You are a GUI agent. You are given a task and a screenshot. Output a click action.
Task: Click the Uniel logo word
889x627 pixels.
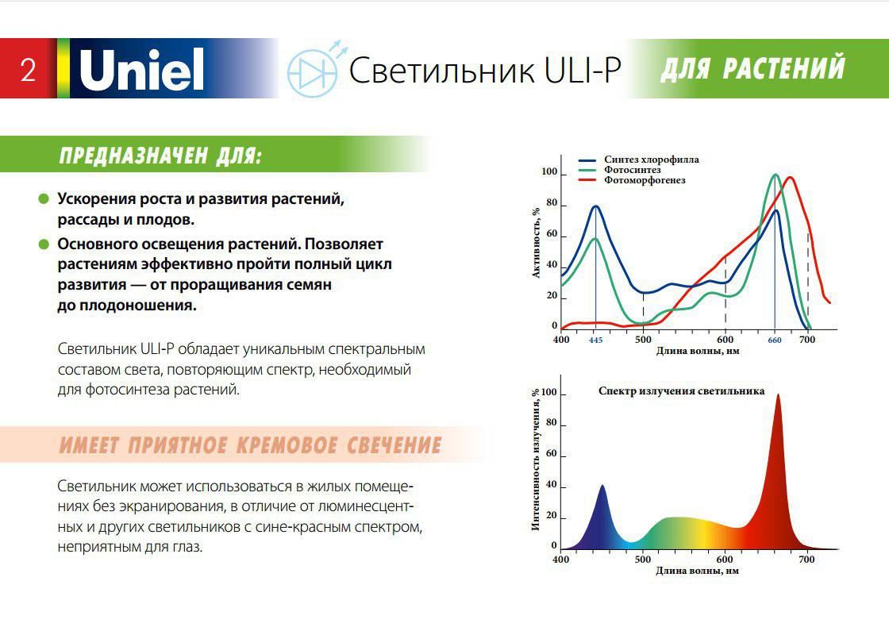(x=141, y=69)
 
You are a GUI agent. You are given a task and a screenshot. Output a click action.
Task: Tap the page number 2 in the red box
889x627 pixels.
(x=29, y=70)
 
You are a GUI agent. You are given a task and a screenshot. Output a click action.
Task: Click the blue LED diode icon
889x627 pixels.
(x=313, y=70)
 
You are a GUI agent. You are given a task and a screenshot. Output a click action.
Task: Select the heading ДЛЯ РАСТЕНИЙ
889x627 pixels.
(x=752, y=68)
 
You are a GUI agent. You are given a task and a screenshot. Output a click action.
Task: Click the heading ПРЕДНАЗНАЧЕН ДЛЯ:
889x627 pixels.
(x=160, y=156)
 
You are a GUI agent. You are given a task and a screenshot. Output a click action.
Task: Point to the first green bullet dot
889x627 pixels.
(x=44, y=199)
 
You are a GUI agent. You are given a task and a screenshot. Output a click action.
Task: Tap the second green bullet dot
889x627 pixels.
(x=44, y=244)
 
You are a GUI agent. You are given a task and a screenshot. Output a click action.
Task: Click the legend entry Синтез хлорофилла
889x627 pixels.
(x=652, y=160)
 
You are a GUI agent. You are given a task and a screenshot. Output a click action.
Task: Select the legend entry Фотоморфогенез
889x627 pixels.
(x=645, y=180)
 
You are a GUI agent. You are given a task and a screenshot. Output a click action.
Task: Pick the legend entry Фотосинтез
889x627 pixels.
(x=632, y=170)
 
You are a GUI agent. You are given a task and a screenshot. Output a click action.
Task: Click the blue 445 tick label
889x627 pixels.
(x=595, y=340)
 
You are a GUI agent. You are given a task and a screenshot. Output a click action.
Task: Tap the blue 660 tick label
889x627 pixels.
(x=775, y=340)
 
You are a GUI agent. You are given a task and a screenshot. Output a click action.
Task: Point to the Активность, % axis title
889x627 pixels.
(x=536, y=243)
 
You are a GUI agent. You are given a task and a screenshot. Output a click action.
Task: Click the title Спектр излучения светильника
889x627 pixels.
(x=682, y=390)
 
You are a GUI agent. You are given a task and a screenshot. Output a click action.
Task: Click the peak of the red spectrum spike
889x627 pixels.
(x=778, y=395)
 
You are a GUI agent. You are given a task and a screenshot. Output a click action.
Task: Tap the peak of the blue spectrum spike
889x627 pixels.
(x=602, y=486)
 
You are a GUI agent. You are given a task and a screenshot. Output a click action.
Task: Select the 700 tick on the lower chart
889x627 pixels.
(x=806, y=560)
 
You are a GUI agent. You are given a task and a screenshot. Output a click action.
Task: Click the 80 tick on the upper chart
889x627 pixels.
(x=552, y=203)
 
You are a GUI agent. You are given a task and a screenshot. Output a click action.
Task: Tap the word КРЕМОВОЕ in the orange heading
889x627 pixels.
(x=287, y=445)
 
